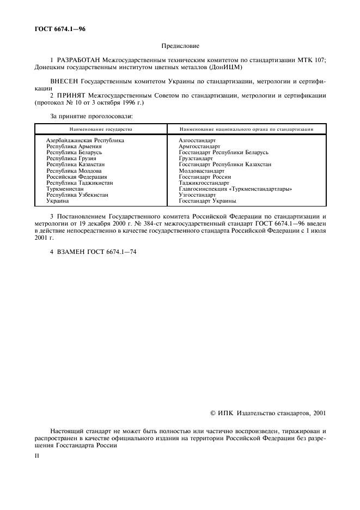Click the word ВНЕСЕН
tap(64, 81)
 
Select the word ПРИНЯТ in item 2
tap(70, 95)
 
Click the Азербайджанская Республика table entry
tap(85, 140)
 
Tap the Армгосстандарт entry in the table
tap(199, 146)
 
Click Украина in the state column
tap(57, 201)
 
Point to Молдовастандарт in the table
tap(201, 171)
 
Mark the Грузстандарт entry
tap(196, 159)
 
